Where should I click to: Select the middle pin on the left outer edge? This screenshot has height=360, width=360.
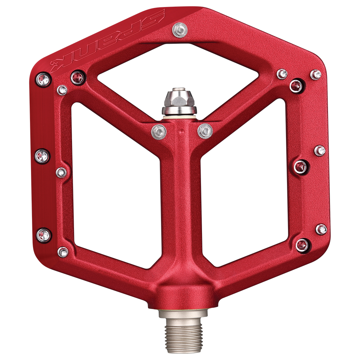point(43,156)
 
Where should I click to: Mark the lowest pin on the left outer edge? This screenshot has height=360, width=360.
point(43,234)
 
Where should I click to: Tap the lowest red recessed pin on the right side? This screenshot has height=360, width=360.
point(302,245)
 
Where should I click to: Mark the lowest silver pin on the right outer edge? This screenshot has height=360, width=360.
point(321,229)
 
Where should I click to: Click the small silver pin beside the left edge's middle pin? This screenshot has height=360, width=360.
point(62,172)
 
